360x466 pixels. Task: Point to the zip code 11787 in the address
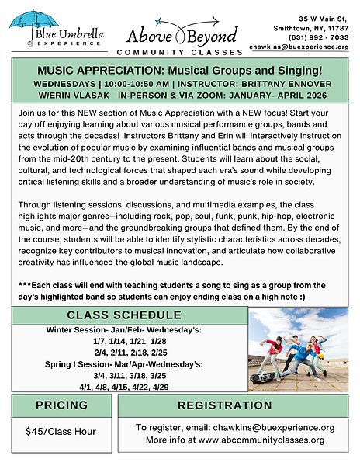(x=335, y=26)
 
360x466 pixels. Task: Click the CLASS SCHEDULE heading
(x=123, y=315)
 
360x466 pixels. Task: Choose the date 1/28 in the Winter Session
(x=158, y=340)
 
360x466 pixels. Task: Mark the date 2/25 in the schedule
(x=159, y=351)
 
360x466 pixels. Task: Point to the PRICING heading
(x=62, y=405)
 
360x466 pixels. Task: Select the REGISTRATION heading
(x=235, y=405)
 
